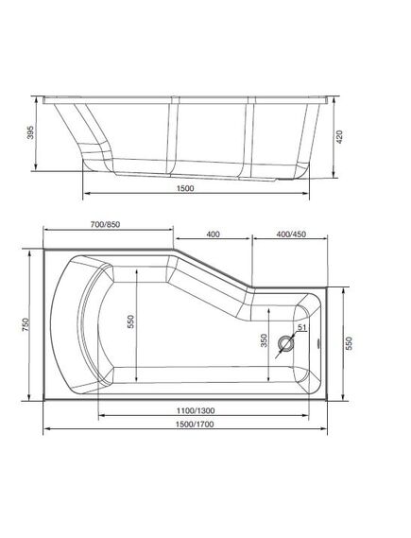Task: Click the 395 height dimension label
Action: pos(31,132)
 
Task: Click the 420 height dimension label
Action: pos(339,136)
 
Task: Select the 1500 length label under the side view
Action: pos(185,188)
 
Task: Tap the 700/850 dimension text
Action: pos(105,224)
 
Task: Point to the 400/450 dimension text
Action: pos(291,234)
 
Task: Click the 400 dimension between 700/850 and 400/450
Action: pos(213,234)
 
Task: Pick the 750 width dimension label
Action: pos(26,324)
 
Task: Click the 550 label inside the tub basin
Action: pos(131,321)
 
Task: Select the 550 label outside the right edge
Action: pos(349,343)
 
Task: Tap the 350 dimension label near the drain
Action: pos(264,340)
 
